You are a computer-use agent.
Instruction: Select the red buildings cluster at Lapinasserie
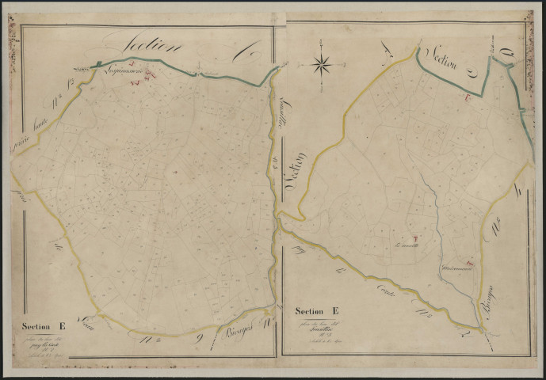tap(149, 76)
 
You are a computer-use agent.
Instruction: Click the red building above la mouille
tap(415, 238)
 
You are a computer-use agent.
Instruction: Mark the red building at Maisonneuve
tap(471, 262)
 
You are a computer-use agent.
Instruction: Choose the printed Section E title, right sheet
tap(317, 311)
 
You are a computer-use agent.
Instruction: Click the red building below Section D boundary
tap(468, 98)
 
